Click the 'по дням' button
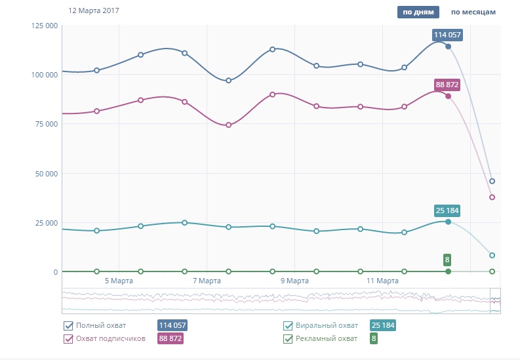point(417,12)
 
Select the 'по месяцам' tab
point(473,12)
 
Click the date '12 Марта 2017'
point(93,11)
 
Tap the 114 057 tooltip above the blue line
point(448,35)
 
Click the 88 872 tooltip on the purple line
point(447,85)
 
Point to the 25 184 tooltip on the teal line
point(448,210)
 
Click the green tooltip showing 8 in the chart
point(447,259)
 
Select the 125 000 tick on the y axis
point(45,26)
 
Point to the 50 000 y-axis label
point(46,174)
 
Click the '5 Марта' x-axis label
point(119,281)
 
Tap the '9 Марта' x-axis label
point(294,281)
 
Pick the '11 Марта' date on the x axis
point(382,281)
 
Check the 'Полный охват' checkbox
point(68,326)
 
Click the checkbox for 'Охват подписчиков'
point(68,339)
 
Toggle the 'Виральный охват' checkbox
point(288,326)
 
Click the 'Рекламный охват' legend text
point(327,339)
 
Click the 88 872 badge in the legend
point(169,339)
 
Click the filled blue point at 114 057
point(449,47)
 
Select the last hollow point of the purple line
point(492,197)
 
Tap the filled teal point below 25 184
point(449,222)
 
